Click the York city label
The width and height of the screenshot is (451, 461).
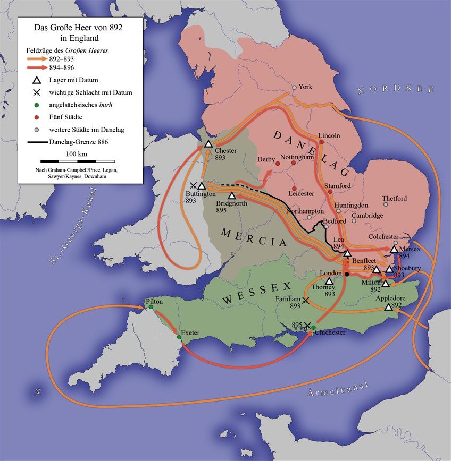click(305, 87)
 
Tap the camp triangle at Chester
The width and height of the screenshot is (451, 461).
click(208, 144)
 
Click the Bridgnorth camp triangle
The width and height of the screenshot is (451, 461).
click(231, 196)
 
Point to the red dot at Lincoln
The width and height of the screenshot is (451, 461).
click(321, 142)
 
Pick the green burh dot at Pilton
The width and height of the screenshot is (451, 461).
click(151, 307)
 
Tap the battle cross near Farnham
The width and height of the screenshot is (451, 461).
click(305, 301)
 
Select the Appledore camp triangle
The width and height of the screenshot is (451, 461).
click(388, 307)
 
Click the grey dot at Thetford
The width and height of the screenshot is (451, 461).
click(386, 204)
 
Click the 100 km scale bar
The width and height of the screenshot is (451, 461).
click(78, 160)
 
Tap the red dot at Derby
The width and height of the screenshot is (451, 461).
click(277, 163)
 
